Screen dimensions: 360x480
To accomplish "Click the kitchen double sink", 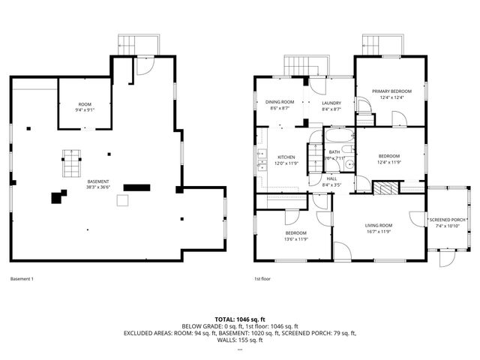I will pyautogui.click(x=261, y=160).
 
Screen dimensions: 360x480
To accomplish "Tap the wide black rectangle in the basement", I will pyautogui.click(x=136, y=187).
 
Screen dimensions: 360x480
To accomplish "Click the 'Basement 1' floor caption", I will pyautogui.click(x=22, y=279).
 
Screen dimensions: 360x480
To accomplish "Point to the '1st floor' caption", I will pyautogui.click(x=262, y=279).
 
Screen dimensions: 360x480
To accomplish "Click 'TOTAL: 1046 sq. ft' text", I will pyautogui.click(x=239, y=319).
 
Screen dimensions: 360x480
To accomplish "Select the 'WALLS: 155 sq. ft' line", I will pyautogui.click(x=239, y=340).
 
